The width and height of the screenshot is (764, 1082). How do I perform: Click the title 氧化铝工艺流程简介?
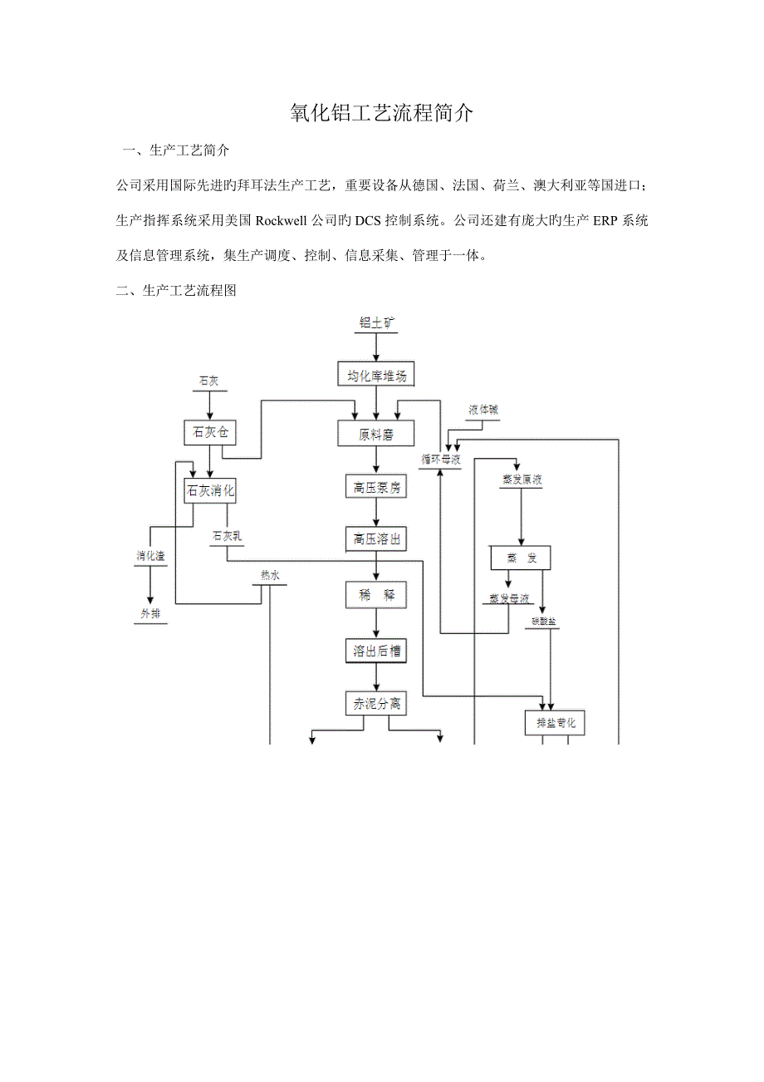click(x=381, y=114)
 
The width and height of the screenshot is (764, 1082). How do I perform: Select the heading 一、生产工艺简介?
click(x=176, y=151)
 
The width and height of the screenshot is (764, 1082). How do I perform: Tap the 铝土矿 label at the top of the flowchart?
click(x=377, y=323)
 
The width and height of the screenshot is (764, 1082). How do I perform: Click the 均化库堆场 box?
click(x=377, y=375)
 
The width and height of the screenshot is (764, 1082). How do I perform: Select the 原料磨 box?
click(x=376, y=433)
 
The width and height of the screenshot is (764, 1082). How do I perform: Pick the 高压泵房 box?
click(x=376, y=488)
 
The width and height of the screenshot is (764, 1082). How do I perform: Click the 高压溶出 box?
click(x=376, y=540)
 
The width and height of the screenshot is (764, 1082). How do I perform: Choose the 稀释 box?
click(x=376, y=595)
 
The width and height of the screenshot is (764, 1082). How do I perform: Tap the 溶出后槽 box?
click(x=376, y=651)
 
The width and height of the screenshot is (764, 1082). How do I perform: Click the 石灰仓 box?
click(x=209, y=432)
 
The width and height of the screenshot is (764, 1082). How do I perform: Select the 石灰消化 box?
click(x=209, y=491)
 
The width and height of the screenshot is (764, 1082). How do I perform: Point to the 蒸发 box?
click(x=521, y=558)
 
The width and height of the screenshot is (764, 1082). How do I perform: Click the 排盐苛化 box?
click(x=556, y=723)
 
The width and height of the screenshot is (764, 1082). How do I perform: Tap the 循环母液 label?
click(x=440, y=459)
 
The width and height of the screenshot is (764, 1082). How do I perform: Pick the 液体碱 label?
click(x=483, y=411)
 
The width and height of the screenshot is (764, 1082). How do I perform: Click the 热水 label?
click(x=271, y=575)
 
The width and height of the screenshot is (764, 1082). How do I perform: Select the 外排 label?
click(x=150, y=614)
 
